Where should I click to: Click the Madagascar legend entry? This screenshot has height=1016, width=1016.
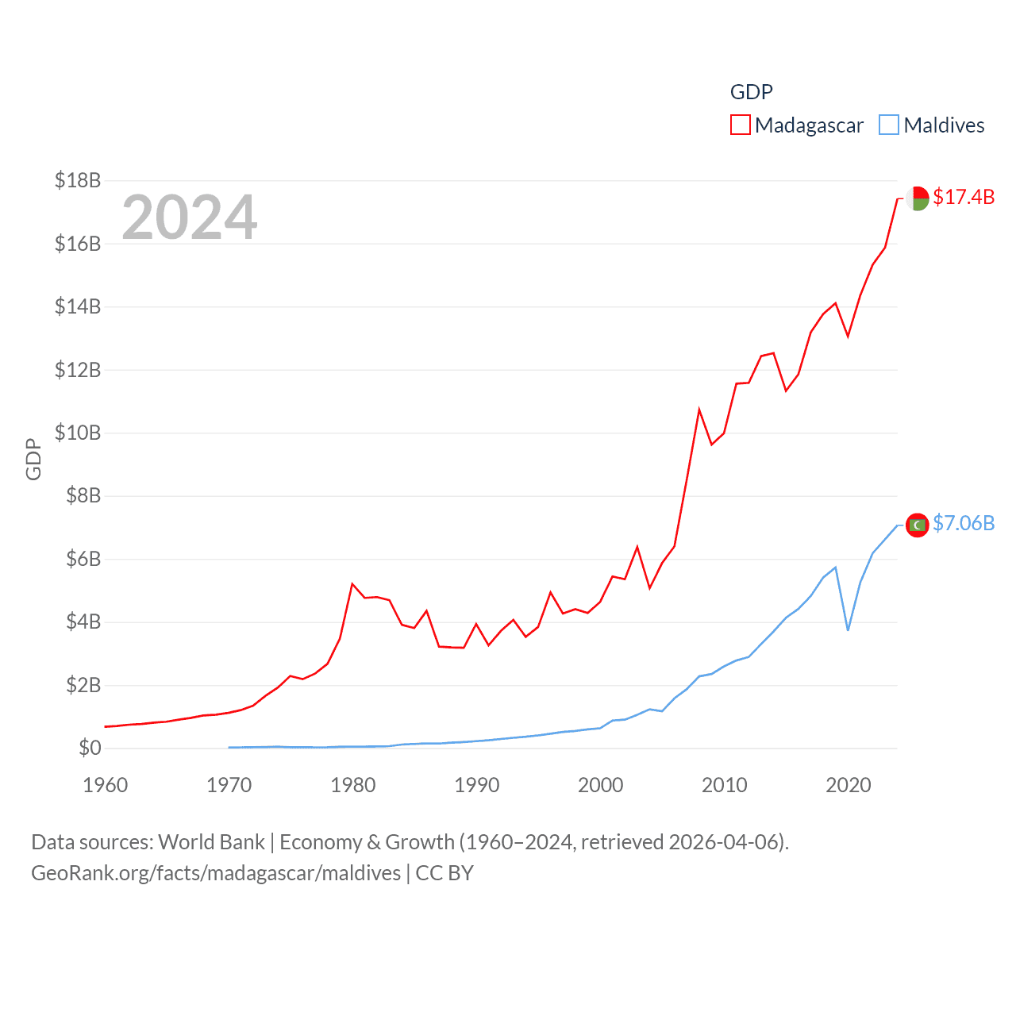pos(797,125)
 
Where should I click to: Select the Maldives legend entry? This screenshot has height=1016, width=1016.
pos(932,125)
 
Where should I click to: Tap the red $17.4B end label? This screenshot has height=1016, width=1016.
pos(963,197)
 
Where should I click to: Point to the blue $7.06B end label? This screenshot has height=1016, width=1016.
pos(963,523)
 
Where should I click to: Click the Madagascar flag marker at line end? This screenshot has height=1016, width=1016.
pos(918,198)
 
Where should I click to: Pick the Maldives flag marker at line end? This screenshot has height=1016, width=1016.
pos(918,525)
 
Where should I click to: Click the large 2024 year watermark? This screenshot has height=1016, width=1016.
pos(189,217)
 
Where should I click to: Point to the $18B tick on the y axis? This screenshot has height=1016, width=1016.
pos(78,180)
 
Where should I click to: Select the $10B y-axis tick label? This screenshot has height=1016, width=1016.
pos(78,433)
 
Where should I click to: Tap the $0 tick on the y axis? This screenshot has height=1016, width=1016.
pos(90,748)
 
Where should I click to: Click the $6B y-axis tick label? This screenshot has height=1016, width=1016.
pos(83,559)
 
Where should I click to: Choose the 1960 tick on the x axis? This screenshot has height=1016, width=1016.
pos(106,785)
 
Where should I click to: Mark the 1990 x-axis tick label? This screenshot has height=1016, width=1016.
pos(477,785)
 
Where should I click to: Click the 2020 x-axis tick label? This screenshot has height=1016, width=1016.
pos(849,785)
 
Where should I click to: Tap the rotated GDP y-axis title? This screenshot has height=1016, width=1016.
pos(33,459)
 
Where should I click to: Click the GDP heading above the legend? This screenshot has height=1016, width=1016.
pos(751,92)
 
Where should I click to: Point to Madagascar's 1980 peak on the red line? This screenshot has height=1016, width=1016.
pos(352,584)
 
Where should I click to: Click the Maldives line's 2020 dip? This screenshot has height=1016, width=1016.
pos(848,630)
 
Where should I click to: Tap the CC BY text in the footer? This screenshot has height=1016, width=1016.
pos(444,873)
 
